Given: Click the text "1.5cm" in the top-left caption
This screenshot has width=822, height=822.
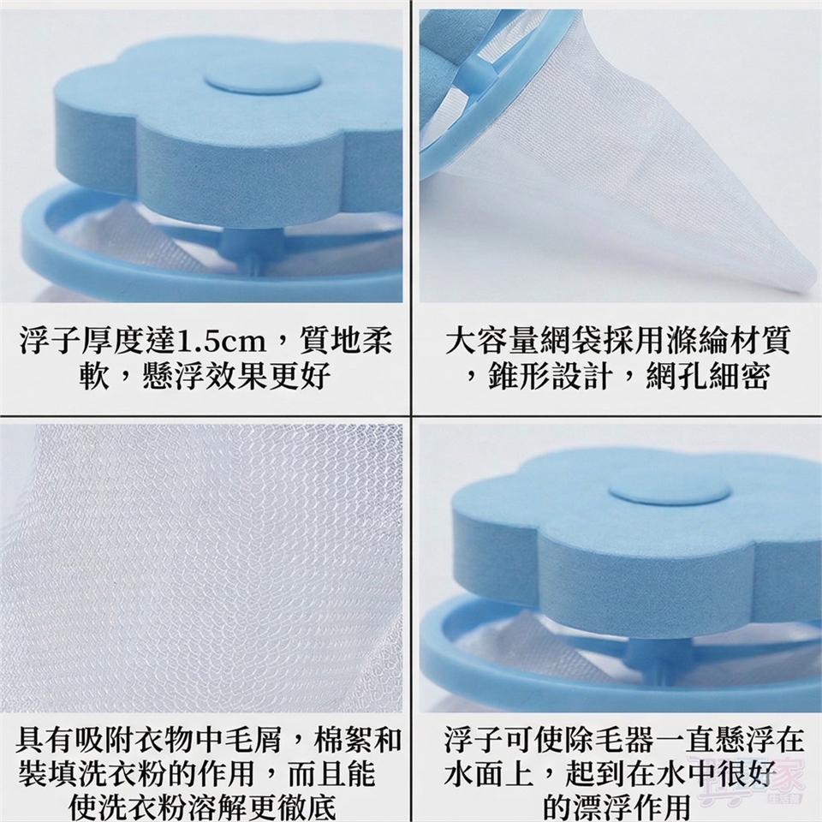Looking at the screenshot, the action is (220, 342).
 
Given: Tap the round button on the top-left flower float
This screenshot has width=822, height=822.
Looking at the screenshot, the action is (262, 79).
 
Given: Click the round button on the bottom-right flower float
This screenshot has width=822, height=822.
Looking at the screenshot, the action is (669, 495).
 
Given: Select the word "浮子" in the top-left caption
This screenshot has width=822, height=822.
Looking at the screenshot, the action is (50, 342).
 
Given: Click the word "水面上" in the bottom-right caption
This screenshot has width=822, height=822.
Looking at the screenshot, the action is (489, 775).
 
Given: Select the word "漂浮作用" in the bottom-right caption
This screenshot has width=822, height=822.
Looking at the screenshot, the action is (632, 807).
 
